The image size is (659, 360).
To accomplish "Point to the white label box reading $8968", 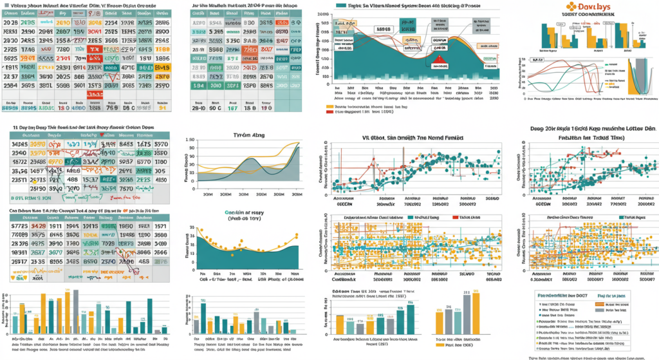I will tap(384, 29).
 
